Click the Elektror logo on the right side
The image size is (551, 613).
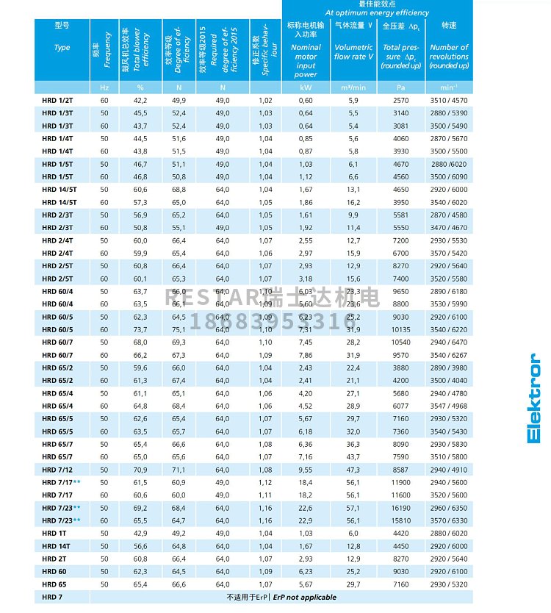[x=534, y=398]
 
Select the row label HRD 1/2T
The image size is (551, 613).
[x=57, y=100]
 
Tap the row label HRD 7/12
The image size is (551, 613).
[x=57, y=469]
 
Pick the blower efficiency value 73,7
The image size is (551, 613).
[x=140, y=330]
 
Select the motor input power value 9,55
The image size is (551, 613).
[x=306, y=469]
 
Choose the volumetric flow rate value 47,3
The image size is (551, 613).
[x=353, y=469]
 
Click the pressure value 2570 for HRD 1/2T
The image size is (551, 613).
[x=401, y=100]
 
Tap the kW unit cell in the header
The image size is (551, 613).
[x=306, y=87]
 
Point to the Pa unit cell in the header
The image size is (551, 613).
[x=401, y=87]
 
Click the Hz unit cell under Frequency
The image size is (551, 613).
[x=104, y=87]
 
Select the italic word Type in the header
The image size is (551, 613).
[x=62, y=48]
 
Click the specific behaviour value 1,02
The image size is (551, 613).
[x=265, y=100]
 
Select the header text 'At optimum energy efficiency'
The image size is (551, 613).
[x=377, y=12]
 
